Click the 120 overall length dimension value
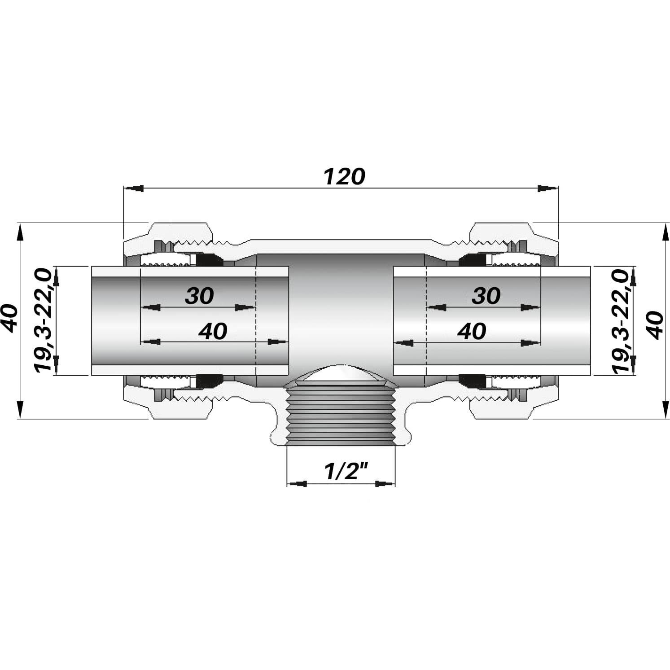[x=344, y=177]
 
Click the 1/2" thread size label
[x=346, y=471]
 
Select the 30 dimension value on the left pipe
[x=199, y=296]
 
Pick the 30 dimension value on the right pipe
[x=486, y=296]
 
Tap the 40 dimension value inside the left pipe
[x=213, y=331]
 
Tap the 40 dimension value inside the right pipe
[x=472, y=331]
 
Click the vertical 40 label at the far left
[x=10, y=318]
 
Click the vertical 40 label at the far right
[x=656, y=325]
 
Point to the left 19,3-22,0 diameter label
[x=44, y=320]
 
